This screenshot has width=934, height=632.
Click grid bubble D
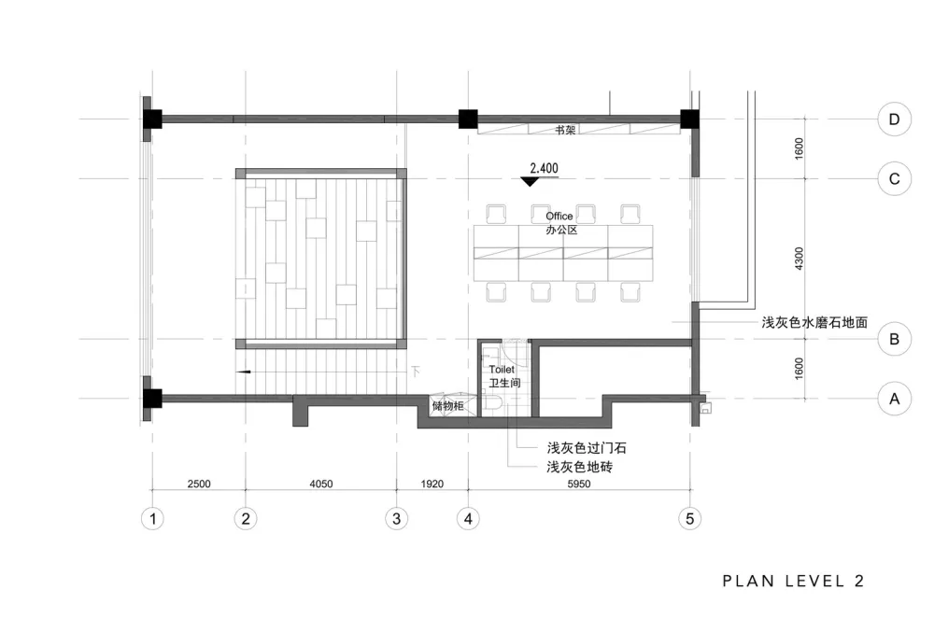point(894,119)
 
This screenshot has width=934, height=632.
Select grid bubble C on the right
point(894,178)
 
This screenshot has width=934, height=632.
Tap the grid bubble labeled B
point(894,339)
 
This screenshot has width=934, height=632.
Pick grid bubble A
point(894,400)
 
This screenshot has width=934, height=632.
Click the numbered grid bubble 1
point(151,518)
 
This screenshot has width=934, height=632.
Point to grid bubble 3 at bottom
point(396,518)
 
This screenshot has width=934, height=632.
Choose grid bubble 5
point(690,518)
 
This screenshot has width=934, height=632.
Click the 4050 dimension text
point(320,484)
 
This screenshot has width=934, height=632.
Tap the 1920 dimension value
point(432,484)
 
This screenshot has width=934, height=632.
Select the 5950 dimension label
point(579,484)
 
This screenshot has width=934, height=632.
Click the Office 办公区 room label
point(559,222)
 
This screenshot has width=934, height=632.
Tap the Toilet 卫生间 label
point(502,376)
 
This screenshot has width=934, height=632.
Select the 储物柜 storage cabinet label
point(447,407)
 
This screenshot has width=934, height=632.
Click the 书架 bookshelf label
point(564,131)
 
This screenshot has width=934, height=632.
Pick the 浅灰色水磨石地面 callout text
point(814,322)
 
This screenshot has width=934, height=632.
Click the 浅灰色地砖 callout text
point(579,466)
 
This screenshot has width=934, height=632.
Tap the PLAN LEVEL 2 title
point(793,581)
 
